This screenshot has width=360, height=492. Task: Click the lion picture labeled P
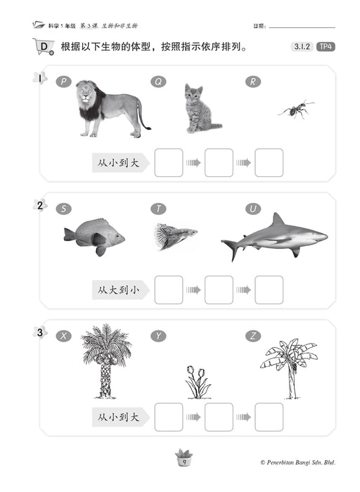pyautogui.click(x=110, y=109)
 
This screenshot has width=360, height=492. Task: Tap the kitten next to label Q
pyautogui.click(x=201, y=108)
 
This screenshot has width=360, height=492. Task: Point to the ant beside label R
pyautogui.click(x=295, y=109)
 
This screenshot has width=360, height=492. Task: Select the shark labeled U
pyautogui.click(x=274, y=237)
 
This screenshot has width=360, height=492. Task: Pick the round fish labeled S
pyautogui.click(x=94, y=236)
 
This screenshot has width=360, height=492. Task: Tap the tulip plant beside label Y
pyautogui.click(x=198, y=382)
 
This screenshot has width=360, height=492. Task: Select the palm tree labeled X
pyautogui.click(x=106, y=361)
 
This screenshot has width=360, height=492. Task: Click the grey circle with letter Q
pyautogui.click(x=158, y=82)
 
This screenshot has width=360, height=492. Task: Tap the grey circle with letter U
pyautogui.click(x=253, y=209)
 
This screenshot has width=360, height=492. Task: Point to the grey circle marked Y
pyautogui.click(x=158, y=336)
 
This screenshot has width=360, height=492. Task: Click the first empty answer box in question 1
pyautogui.click(x=169, y=162)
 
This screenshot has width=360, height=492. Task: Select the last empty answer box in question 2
pyautogui.click(x=269, y=290)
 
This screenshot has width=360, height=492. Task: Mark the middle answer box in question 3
pyautogui.click(x=219, y=417)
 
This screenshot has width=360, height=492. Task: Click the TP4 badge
pyautogui.click(x=326, y=47)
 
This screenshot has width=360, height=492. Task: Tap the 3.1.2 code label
pyautogui.click(x=302, y=47)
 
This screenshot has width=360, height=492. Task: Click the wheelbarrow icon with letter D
pyautogui.click(x=44, y=47)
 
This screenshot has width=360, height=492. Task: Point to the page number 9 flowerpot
pyautogui.click(x=184, y=458)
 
